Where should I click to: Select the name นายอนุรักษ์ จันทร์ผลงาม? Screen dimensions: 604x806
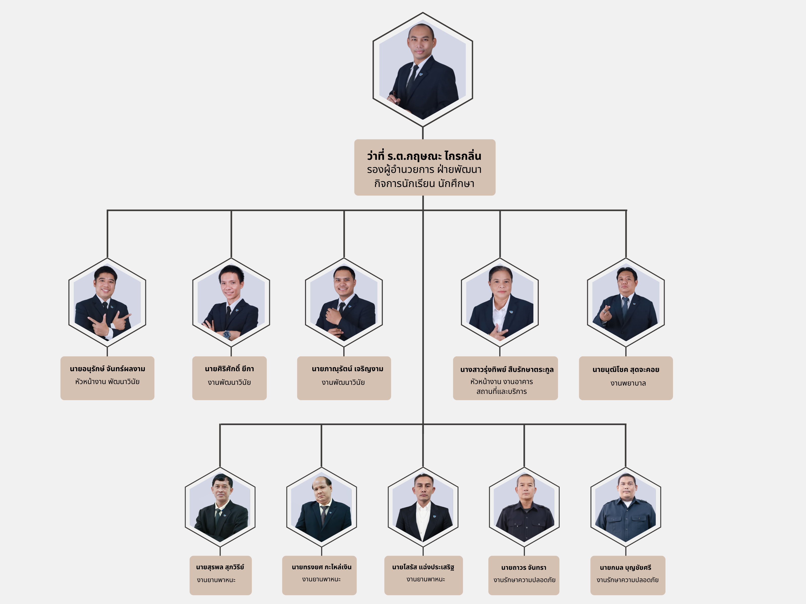point(108,369)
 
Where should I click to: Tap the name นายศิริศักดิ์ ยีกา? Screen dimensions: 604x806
point(229,369)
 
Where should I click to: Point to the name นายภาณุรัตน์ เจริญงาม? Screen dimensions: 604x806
point(347,369)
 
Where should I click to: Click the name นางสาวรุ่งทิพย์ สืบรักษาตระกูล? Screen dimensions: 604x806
point(507,369)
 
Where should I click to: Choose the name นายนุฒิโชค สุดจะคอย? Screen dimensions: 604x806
point(626,369)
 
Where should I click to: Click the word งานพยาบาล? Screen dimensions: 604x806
point(628,383)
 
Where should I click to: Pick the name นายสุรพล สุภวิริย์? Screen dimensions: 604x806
point(220,567)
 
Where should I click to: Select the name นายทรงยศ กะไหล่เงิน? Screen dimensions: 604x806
point(321,567)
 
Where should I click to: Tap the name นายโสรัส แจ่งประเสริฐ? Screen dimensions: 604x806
point(423,567)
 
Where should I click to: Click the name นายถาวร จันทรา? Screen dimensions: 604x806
point(524,568)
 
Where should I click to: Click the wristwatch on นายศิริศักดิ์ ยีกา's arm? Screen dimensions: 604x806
point(227,334)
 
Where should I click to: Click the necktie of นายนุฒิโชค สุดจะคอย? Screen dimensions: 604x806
point(625,306)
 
